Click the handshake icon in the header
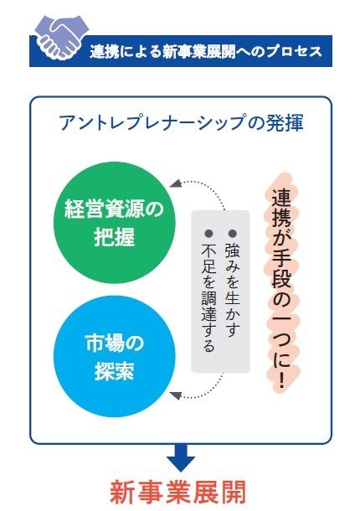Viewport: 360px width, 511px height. click(x=61, y=38)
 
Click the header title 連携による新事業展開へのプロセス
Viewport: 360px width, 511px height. click(x=206, y=52)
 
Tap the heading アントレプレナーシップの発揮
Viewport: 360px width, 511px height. click(x=182, y=123)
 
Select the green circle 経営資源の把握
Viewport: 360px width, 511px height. click(x=115, y=223)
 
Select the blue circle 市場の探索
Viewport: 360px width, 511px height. click(x=115, y=356)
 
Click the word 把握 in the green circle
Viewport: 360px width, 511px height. click(x=115, y=237)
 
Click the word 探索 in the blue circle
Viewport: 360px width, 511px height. click(x=115, y=370)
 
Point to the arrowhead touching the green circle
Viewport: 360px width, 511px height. click(x=175, y=183)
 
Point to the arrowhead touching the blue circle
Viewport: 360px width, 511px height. click(x=175, y=395)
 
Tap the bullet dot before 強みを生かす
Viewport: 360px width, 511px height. click(x=232, y=234)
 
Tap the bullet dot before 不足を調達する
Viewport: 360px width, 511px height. click(x=208, y=234)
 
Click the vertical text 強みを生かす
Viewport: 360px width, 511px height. click(x=232, y=290)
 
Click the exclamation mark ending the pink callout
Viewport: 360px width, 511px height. click(x=282, y=379)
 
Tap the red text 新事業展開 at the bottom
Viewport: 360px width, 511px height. click(x=177, y=492)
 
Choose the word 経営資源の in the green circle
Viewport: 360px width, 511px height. click(x=115, y=209)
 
